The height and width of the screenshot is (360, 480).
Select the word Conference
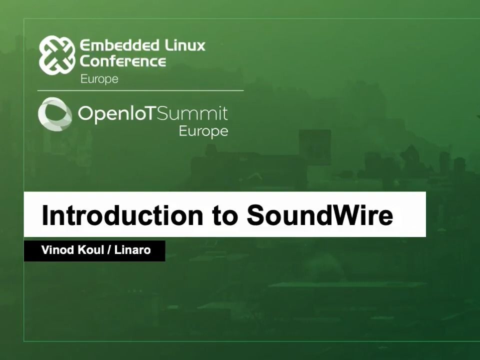click(x=123, y=62)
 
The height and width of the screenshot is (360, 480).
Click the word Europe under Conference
click(x=99, y=79)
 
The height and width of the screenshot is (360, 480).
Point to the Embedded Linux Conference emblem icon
click(x=57, y=55)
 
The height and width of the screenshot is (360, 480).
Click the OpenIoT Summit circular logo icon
click(x=55, y=114)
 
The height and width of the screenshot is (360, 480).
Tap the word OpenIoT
click(x=118, y=114)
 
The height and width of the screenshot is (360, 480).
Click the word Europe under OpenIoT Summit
click(x=203, y=131)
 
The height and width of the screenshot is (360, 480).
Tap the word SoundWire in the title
click(x=320, y=215)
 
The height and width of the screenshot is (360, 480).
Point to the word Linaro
click(x=132, y=250)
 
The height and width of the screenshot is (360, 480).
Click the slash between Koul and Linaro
click(x=108, y=250)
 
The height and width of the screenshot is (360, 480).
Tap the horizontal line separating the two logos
click(x=140, y=90)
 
